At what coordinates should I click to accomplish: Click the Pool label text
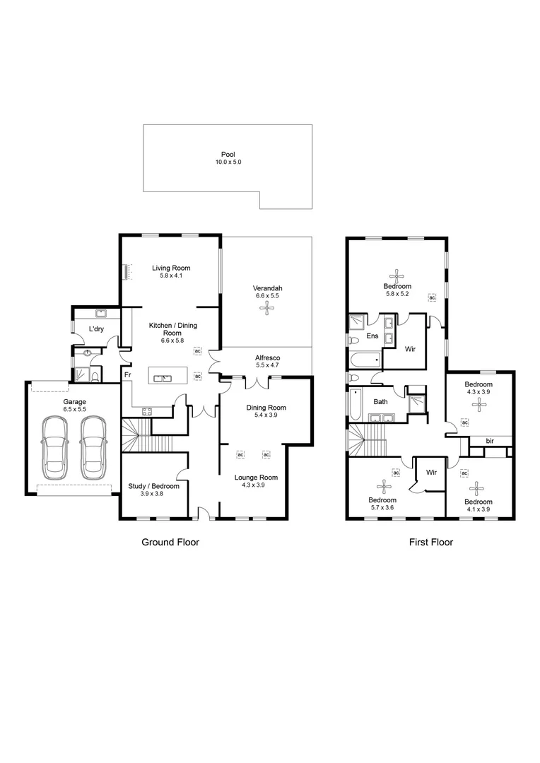pyautogui.click(x=228, y=154)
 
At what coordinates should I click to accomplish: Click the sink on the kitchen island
pyautogui.click(x=163, y=378)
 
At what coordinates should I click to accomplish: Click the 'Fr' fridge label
pyautogui.click(x=127, y=375)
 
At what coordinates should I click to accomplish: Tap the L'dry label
pyautogui.click(x=97, y=329)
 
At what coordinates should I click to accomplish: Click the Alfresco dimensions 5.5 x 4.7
pyautogui.click(x=267, y=366)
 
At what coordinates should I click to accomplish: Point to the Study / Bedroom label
pyautogui.click(x=153, y=486)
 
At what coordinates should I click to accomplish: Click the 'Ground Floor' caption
pyautogui.click(x=170, y=543)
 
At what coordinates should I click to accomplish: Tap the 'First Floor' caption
pyautogui.click(x=430, y=543)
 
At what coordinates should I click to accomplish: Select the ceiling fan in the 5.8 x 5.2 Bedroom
pyautogui.click(x=397, y=275)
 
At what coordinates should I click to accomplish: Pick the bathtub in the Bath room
pyautogui.click(x=356, y=406)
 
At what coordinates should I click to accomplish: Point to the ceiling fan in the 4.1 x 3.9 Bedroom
pyautogui.click(x=479, y=488)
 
